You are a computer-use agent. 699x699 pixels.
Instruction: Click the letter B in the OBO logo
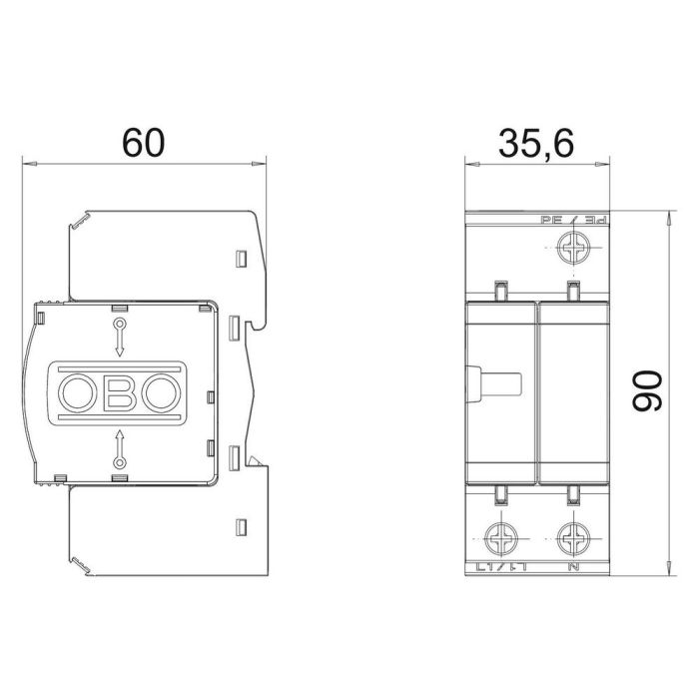click(118, 391)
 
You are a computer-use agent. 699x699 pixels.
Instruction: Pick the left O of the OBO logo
click(77, 391)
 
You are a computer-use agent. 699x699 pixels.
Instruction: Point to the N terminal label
click(573, 569)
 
